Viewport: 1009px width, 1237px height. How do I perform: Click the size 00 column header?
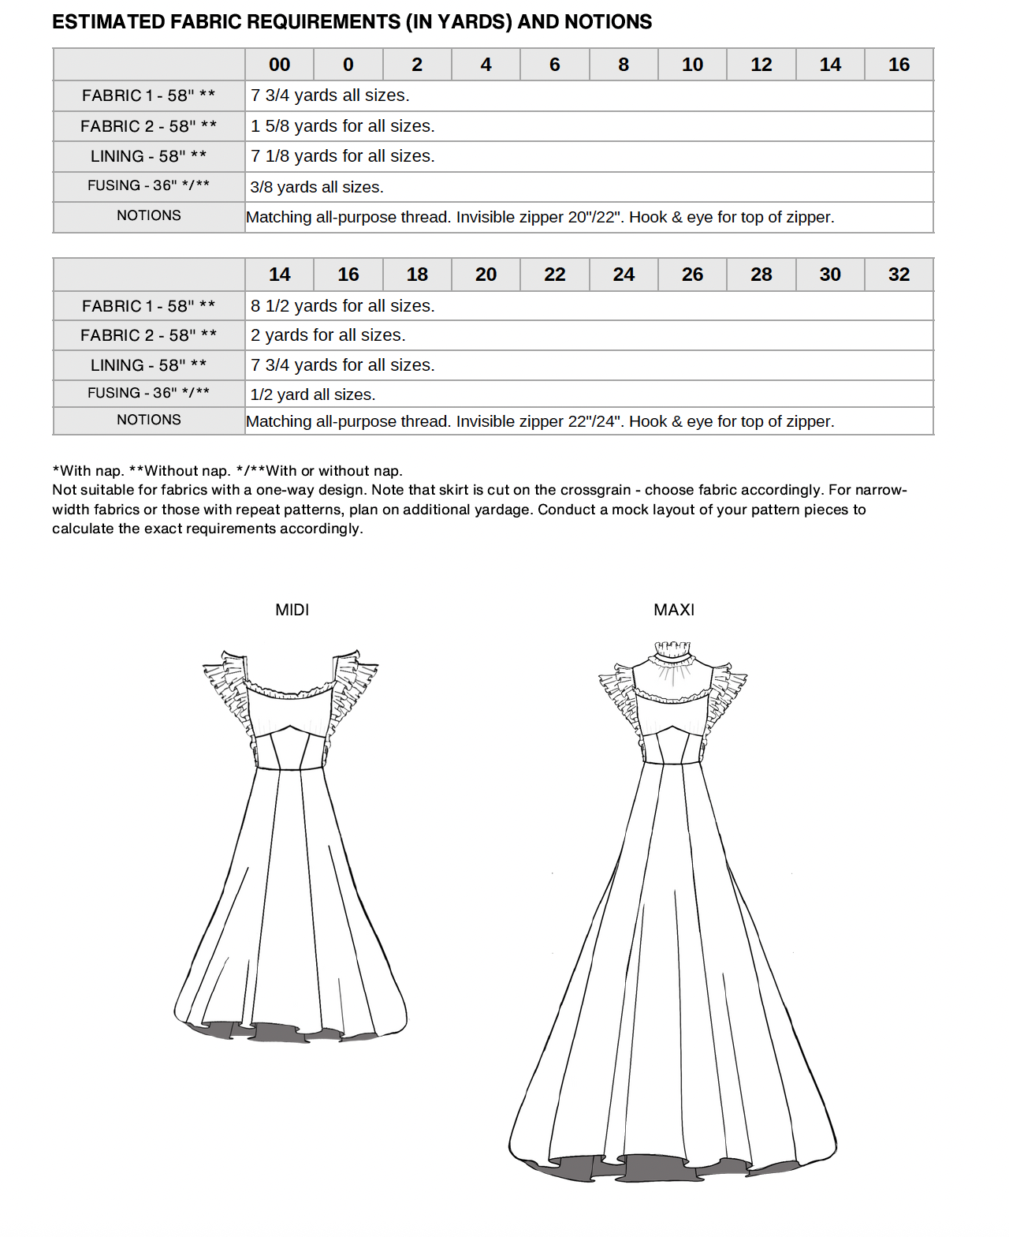[279, 65]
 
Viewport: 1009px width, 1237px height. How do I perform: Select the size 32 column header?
[899, 275]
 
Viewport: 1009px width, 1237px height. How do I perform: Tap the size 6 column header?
[554, 65]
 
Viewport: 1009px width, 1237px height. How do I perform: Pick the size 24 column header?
[624, 275]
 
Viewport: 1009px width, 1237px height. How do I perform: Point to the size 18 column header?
[417, 275]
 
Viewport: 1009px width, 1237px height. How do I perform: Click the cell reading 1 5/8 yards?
[343, 126]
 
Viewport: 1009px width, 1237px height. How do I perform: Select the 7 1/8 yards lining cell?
[343, 156]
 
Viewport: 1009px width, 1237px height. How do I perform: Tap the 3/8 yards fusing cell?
[317, 187]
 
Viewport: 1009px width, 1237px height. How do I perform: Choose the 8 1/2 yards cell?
[343, 306]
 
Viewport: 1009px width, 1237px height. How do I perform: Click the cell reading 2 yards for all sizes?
[328, 335]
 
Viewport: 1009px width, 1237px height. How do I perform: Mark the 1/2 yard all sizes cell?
[313, 394]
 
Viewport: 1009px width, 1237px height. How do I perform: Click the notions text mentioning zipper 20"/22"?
[540, 217]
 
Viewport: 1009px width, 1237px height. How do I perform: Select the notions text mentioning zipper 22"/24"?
[540, 421]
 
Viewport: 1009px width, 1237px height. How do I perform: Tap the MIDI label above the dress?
[292, 610]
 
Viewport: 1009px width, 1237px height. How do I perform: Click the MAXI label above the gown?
[674, 610]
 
